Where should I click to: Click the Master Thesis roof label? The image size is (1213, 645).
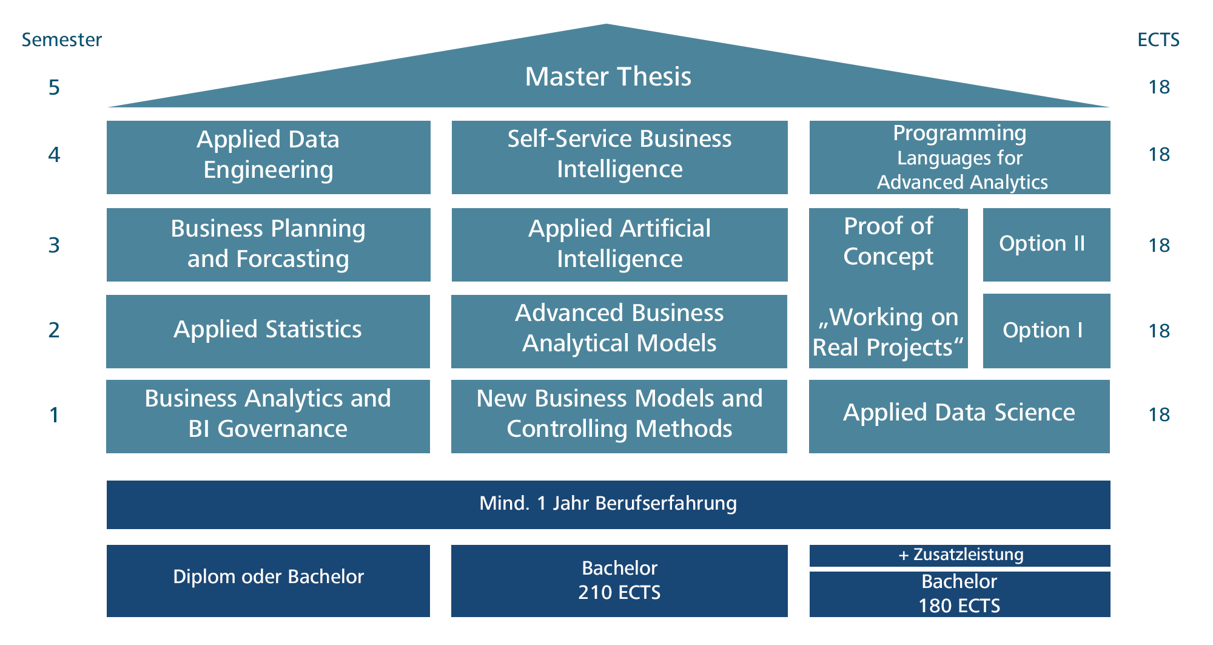(608, 76)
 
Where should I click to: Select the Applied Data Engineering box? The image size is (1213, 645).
(268, 157)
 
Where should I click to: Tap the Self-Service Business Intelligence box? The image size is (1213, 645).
(619, 157)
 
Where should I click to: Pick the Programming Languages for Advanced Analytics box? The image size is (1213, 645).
(959, 157)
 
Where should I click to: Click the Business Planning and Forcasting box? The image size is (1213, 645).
(268, 245)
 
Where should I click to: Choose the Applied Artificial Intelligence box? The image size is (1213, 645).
(619, 245)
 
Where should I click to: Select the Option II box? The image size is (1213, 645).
(1046, 245)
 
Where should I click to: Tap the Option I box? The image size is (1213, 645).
(1046, 331)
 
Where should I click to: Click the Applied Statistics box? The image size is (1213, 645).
(267, 331)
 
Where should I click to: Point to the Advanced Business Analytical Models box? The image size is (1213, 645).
(619, 331)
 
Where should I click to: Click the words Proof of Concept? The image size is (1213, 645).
(888, 241)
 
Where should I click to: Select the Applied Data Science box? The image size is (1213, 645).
(959, 416)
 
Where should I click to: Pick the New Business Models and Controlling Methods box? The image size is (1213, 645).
(619, 416)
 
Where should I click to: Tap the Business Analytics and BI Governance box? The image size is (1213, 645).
(267, 416)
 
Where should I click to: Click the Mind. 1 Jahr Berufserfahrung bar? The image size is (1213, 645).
(608, 504)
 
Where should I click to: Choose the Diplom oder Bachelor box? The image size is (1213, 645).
(268, 580)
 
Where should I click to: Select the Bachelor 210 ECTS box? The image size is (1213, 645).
(619, 580)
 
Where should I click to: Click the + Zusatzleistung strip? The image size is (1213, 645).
(959, 555)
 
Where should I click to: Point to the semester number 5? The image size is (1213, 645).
(54, 88)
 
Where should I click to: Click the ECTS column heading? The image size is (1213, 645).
(1158, 40)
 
